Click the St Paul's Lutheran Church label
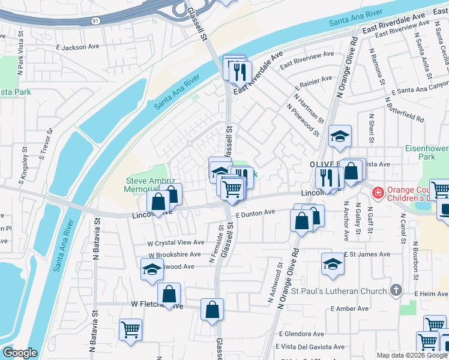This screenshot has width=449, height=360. click(x=340, y=292)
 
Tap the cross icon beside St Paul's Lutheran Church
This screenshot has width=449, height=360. click(x=395, y=291)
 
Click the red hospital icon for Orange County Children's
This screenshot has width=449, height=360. click(x=378, y=193)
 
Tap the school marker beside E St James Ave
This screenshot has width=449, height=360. click(x=333, y=263)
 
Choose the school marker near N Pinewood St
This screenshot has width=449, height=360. click(x=340, y=136)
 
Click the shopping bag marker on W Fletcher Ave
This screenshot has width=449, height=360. click(x=169, y=295)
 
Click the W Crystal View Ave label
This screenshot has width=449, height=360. click(x=168, y=242)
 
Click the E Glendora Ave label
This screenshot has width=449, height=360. click(x=301, y=334)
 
